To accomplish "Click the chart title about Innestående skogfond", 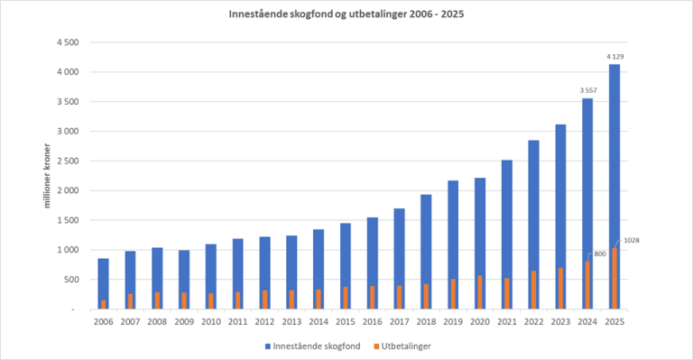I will (x=346, y=15).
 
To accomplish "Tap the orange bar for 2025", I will (x=614, y=278).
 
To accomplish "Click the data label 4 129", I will (x=614, y=56).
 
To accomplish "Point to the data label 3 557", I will (x=587, y=89).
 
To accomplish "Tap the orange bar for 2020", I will (x=479, y=292).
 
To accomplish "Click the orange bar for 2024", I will (x=587, y=285).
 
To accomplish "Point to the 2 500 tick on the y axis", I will (x=68, y=161).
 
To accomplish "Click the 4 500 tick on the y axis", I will (x=68, y=42).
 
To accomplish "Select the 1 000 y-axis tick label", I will (x=68, y=250).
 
